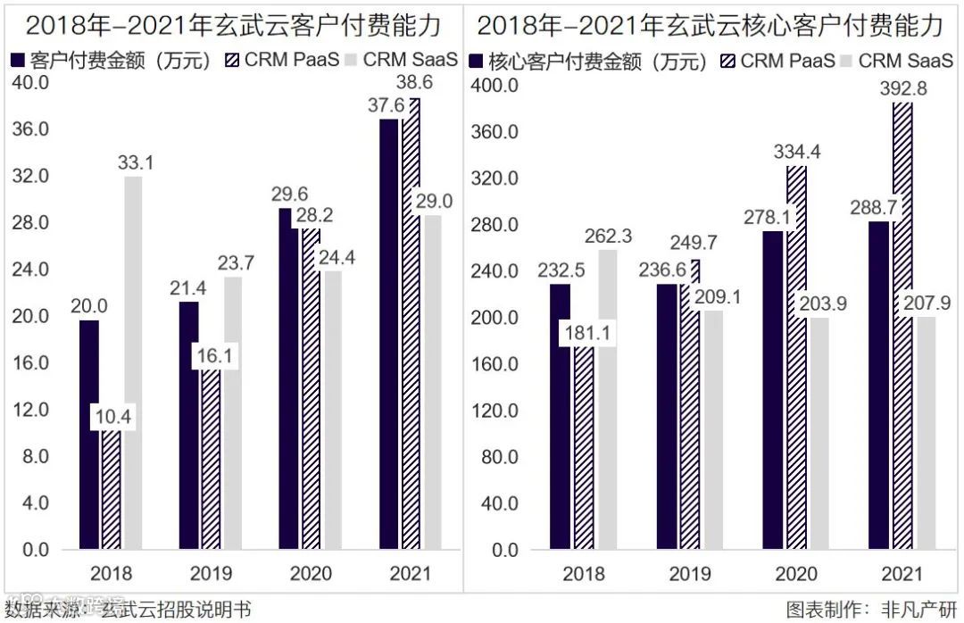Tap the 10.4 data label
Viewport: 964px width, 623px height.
[112, 416]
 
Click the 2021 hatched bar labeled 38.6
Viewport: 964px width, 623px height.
[411, 339]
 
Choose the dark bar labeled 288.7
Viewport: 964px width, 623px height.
[879, 384]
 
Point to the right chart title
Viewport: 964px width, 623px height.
[710, 25]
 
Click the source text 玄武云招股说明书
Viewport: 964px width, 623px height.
[176, 610]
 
